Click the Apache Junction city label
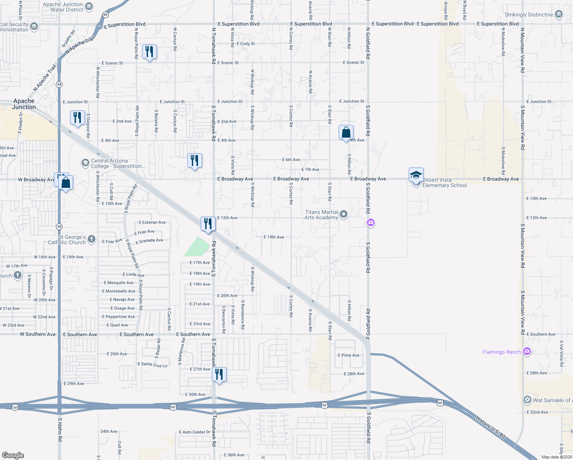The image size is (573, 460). click(x=24, y=104)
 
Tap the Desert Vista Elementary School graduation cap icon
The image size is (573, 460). click(x=416, y=175)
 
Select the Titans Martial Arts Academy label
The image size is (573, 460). click(x=321, y=215)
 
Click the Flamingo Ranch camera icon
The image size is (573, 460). click(x=527, y=352)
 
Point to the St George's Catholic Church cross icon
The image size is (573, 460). click(x=91, y=239)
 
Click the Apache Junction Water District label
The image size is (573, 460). click(x=63, y=7)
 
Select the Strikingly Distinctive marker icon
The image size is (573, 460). click(x=559, y=15)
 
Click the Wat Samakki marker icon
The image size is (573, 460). click(x=527, y=400)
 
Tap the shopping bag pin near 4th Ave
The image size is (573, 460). click(x=346, y=133)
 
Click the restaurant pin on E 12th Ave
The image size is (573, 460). click(x=208, y=223)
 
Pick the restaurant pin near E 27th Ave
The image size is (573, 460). click(x=219, y=374)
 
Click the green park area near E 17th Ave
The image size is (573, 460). click(x=197, y=247)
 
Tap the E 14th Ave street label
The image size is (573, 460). click(x=274, y=237)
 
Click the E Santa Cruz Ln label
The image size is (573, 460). click(x=152, y=365)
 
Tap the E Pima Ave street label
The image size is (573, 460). click(x=349, y=355)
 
